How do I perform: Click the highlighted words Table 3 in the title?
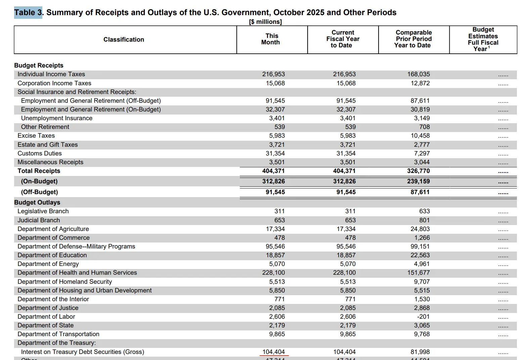pos(28,12)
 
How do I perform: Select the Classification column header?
pos(124,40)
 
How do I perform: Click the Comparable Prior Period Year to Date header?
pos(413,39)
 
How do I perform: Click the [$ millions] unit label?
pos(265,22)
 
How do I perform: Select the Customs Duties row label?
pos(40,153)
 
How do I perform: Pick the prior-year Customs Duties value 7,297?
pos(422,153)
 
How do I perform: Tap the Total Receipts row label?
pos(39,171)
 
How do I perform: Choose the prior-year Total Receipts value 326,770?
pos(418,171)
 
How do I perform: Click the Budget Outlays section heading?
pos(37,203)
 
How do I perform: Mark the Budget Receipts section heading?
pos(39,65)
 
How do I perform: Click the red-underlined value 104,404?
pos(273,352)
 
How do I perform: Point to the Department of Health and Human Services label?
pos(77,273)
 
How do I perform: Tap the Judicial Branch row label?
pos(39,220)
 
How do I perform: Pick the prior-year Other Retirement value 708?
pos(424,127)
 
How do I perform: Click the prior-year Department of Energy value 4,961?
pos(422,264)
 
